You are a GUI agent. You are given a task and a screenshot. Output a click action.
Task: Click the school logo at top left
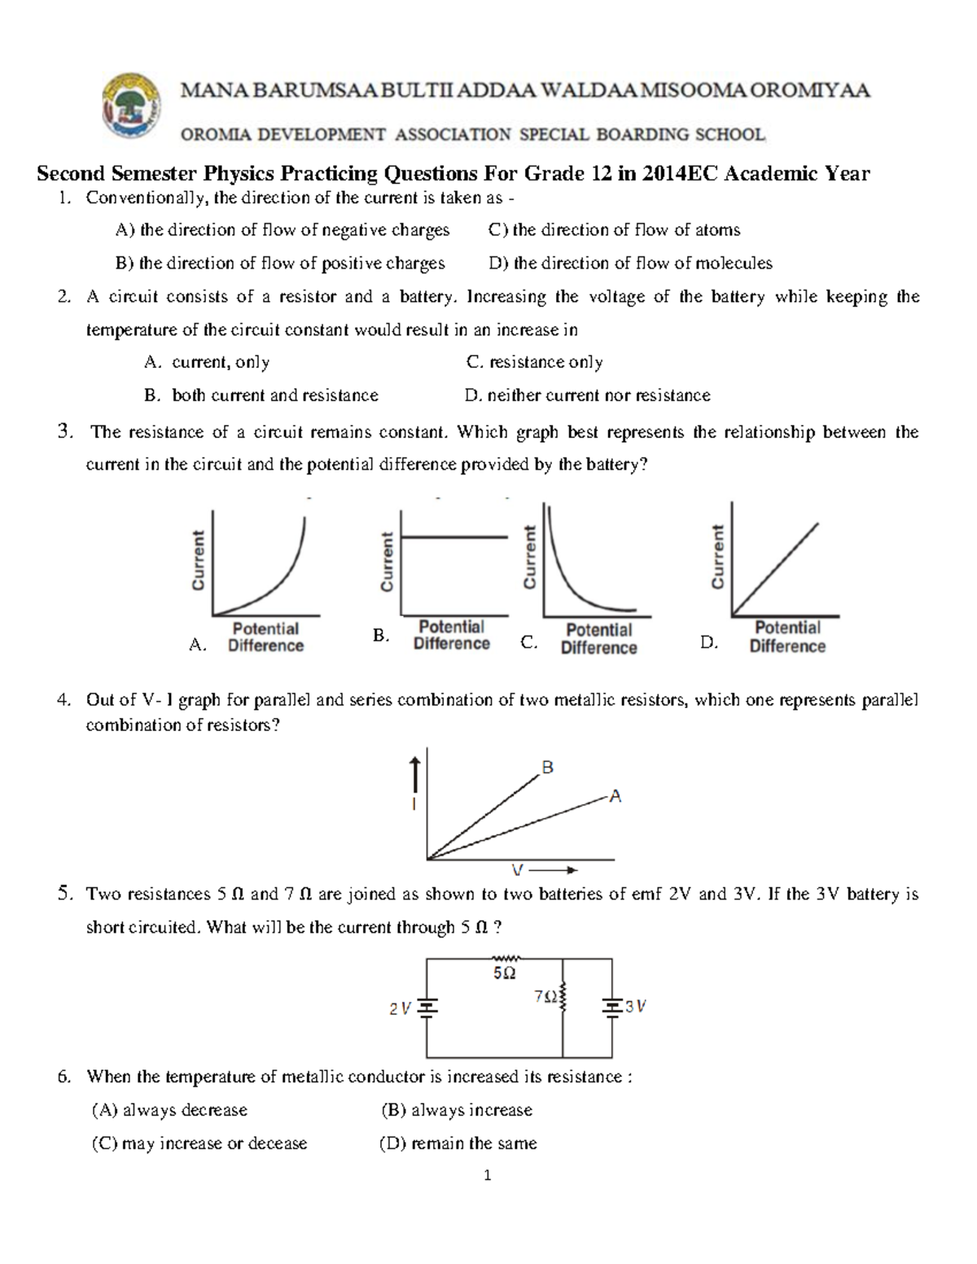pos(130,107)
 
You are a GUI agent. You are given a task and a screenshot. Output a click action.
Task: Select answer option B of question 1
pos(281,264)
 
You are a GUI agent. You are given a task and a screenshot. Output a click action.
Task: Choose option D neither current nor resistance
pos(587,396)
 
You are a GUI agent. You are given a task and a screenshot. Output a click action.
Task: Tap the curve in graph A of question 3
pos(277,582)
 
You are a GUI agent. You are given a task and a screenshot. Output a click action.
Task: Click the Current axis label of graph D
pos(717,557)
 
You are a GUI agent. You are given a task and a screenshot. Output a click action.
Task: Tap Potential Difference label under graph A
pos(265,637)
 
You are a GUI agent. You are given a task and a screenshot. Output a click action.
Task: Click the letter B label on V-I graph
pos(548,768)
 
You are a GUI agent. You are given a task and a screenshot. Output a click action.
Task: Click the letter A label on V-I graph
pos(616,796)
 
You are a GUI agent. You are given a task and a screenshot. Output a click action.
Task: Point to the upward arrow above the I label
pos(414,773)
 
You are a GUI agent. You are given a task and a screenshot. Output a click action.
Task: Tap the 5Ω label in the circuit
pos(504,974)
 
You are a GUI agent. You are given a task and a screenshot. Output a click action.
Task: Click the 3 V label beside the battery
pos(636,1007)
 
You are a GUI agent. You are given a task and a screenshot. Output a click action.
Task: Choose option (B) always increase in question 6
pos(456,1110)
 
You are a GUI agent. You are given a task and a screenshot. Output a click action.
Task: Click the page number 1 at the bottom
pos(488,1175)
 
